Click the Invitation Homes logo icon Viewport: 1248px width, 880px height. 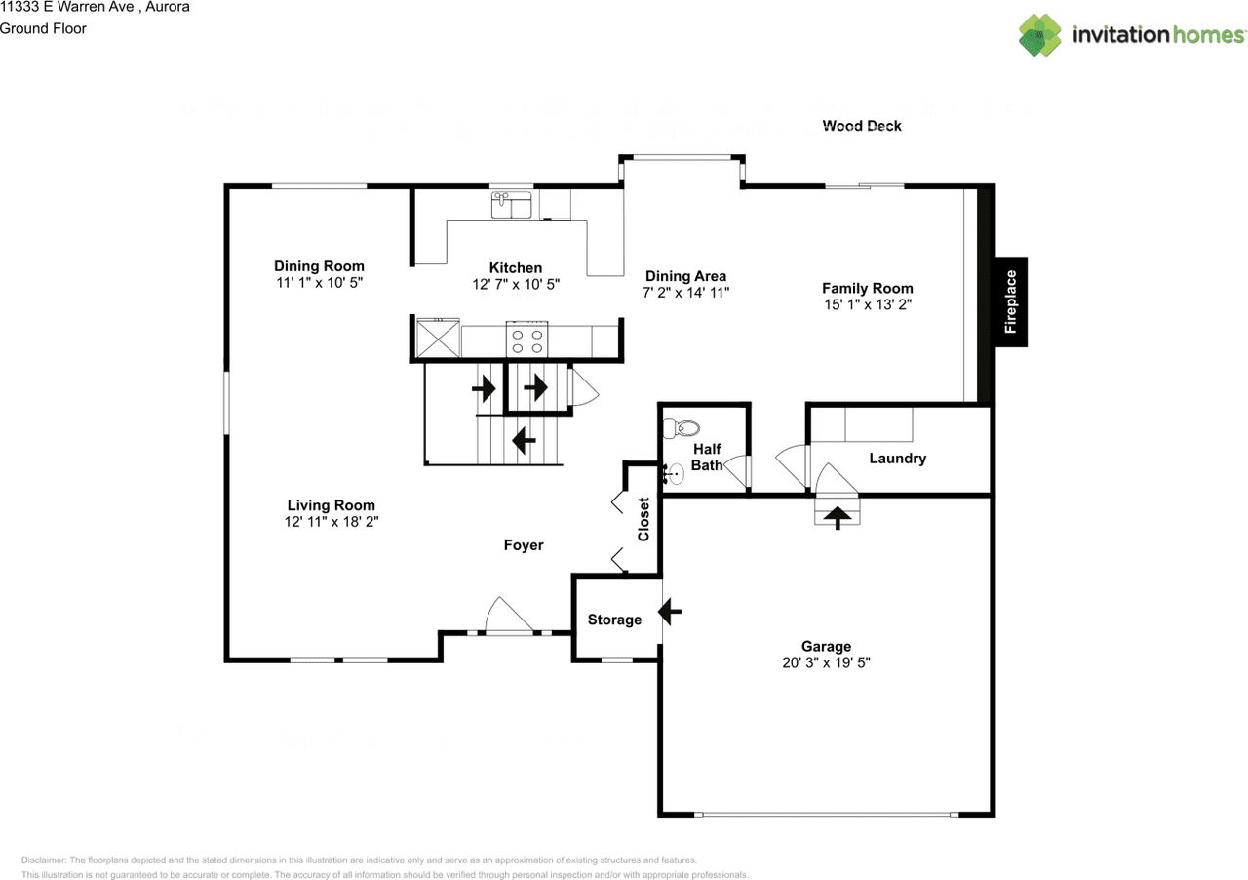[x=1040, y=35]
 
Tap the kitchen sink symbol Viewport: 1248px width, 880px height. [x=511, y=205]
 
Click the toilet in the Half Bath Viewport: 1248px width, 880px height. [x=682, y=427]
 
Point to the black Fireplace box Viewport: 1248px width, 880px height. [x=1010, y=301]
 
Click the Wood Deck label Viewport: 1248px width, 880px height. [x=862, y=126]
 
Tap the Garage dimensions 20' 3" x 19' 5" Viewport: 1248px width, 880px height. [x=826, y=662]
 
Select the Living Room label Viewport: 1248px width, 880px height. [x=331, y=505]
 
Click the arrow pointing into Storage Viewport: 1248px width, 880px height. [x=671, y=612]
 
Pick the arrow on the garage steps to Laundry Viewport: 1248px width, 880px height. [x=838, y=515]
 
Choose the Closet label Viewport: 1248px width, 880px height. [x=643, y=519]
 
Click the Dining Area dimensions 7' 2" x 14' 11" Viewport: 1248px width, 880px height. [x=685, y=293]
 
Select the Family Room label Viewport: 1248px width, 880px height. [x=867, y=288]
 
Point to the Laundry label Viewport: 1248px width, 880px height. [x=897, y=459]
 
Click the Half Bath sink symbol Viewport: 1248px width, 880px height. [x=672, y=475]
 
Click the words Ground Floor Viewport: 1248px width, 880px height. [x=43, y=28]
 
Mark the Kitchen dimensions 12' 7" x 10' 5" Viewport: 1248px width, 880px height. [x=515, y=284]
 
